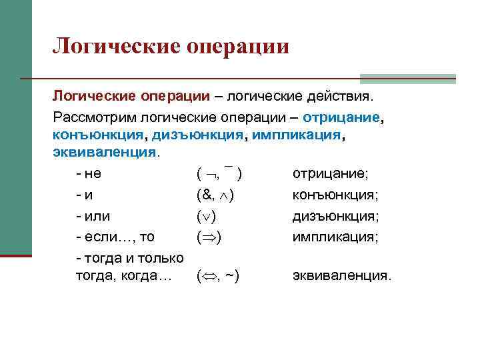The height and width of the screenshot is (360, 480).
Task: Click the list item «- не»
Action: [89, 175]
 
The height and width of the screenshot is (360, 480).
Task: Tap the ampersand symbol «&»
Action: [207, 196]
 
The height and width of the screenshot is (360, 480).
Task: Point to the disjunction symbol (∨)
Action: [209, 217]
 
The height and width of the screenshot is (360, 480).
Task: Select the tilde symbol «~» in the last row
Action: [231, 275]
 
